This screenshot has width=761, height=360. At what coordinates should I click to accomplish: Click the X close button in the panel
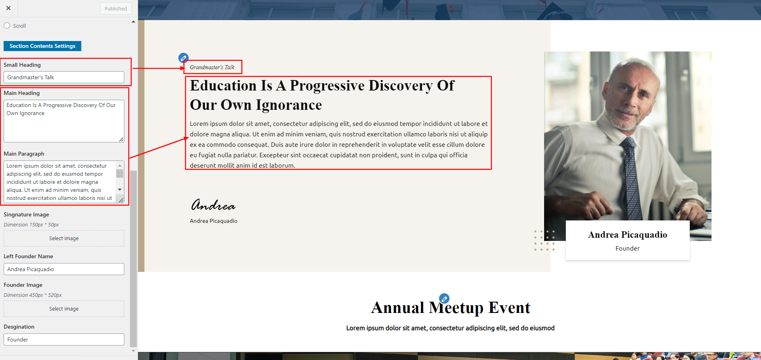tap(8, 8)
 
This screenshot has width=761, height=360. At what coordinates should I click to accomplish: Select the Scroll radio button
tap(7, 25)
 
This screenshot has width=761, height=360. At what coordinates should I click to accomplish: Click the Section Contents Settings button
tap(42, 46)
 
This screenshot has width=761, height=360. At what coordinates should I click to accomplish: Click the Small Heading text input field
tap(64, 77)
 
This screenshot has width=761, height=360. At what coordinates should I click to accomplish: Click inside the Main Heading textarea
tap(64, 121)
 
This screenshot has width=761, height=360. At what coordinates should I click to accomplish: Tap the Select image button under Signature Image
tap(64, 238)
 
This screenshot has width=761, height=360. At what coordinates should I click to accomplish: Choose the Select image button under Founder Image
tap(64, 309)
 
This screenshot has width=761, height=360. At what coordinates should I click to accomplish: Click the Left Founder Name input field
tap(64, 269)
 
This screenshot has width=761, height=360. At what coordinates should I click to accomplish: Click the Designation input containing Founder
tap(64, 339)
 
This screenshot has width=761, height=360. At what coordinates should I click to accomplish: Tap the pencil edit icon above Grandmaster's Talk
tap(184, 58)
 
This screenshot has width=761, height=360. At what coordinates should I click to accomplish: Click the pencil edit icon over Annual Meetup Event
tap(444, 298)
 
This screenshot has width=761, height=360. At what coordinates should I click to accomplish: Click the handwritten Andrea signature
tap(213, 205)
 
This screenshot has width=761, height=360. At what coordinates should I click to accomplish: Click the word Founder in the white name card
tap(627, 248)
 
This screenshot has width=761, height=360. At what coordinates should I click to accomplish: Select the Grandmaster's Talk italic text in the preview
tap(212, 67)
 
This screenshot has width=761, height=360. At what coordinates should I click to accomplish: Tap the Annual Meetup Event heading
tap(451, 308)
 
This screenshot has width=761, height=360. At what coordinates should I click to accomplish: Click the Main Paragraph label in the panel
tap(24, 154)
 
